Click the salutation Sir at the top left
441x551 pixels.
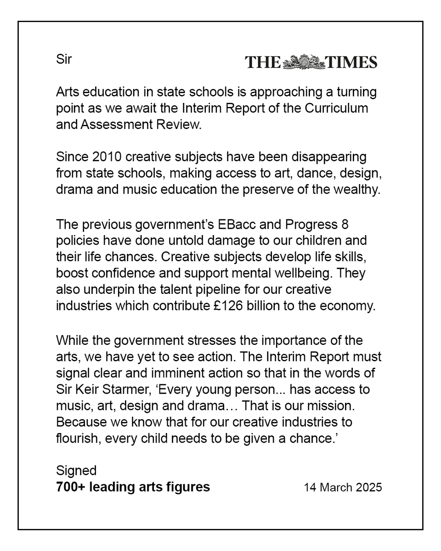(x=64, y=59)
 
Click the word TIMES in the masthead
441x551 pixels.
(x=351, y=62)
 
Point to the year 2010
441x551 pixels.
(x=107, y=157)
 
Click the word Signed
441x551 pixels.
(x=76, y=471)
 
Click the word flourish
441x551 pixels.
(x=76, y=439)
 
